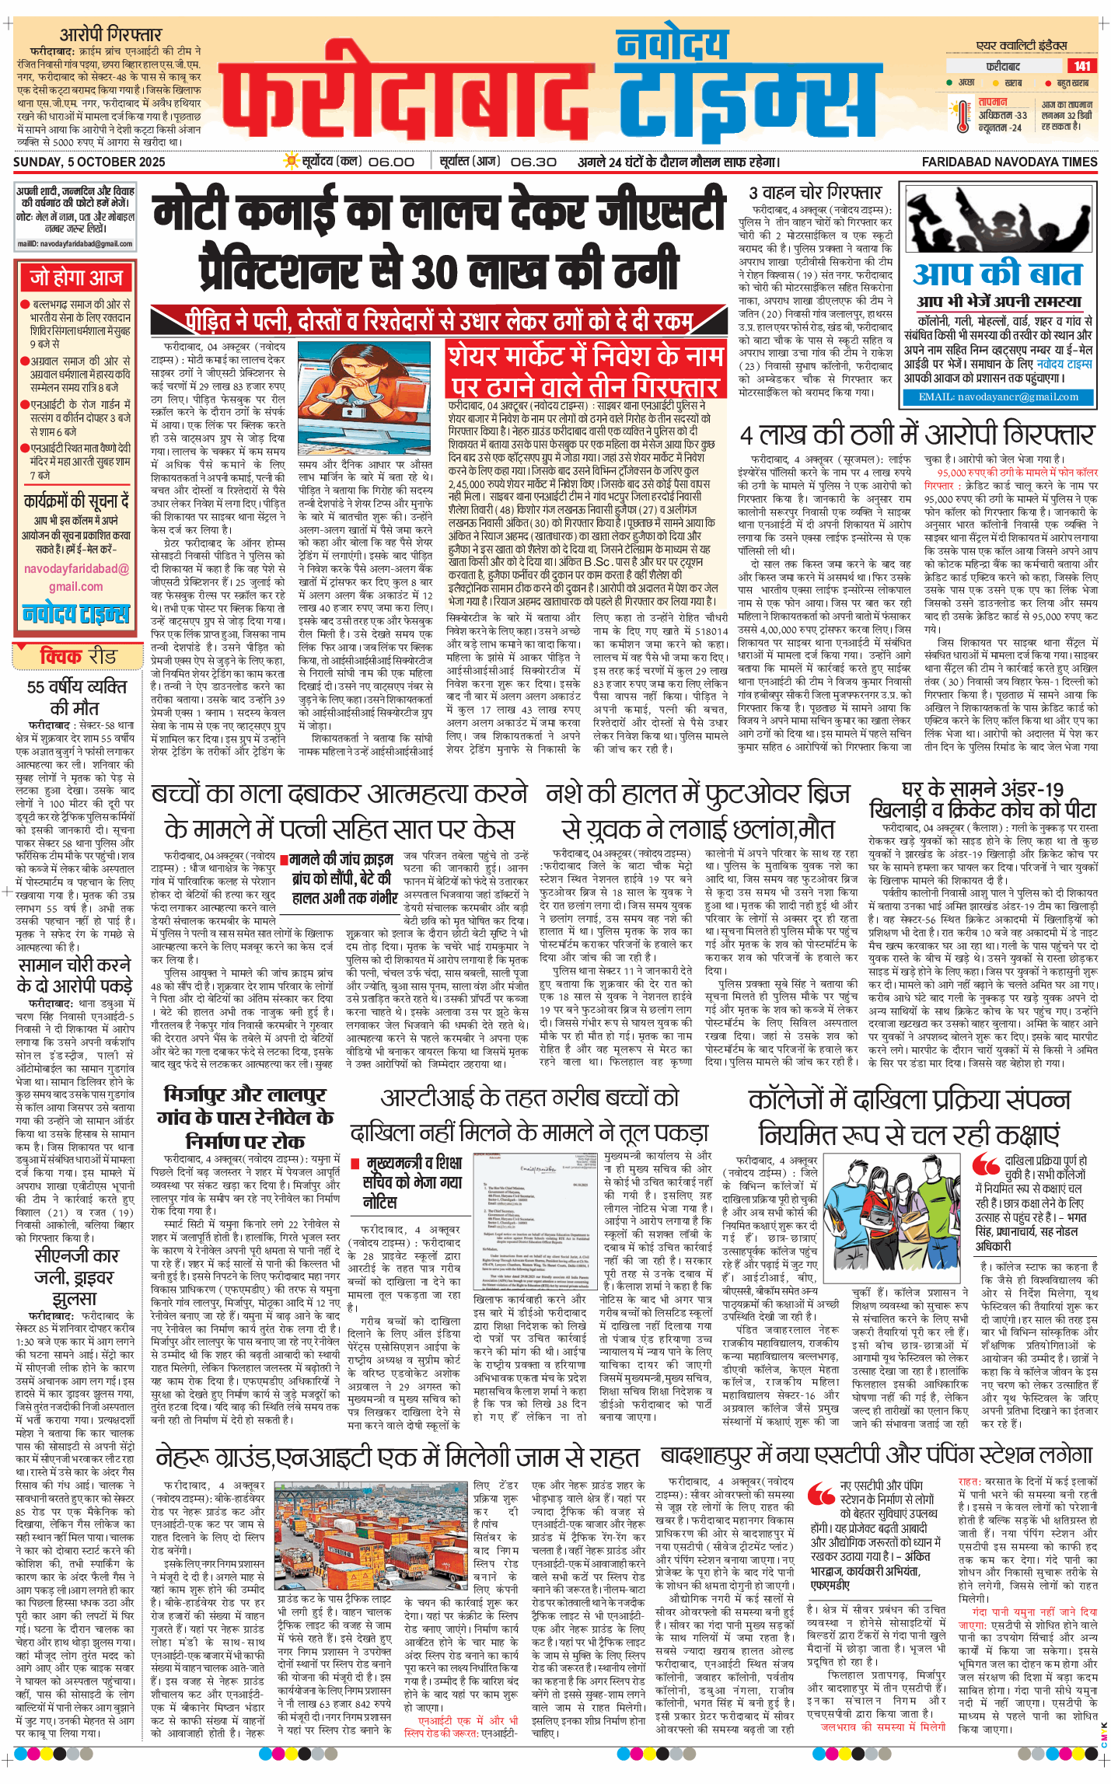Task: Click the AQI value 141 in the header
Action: (x=1081, y=66)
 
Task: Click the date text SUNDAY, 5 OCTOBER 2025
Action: (x=89, y=162)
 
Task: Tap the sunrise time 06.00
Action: (x=391, y=162)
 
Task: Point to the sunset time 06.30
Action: (x=533, y=162)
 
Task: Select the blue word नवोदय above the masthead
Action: (x=672, y=45)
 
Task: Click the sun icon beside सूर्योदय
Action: (x=292, y=162)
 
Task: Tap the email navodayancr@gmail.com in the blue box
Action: (x=998, y=397)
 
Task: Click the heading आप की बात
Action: (x=997, y=274)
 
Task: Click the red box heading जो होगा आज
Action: (x=76, y=278)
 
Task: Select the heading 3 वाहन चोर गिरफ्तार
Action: (x=815, y=193)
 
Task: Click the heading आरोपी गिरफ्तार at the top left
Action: (x=110, y=34)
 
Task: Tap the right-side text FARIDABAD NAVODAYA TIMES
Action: (x=1009, y=162)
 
